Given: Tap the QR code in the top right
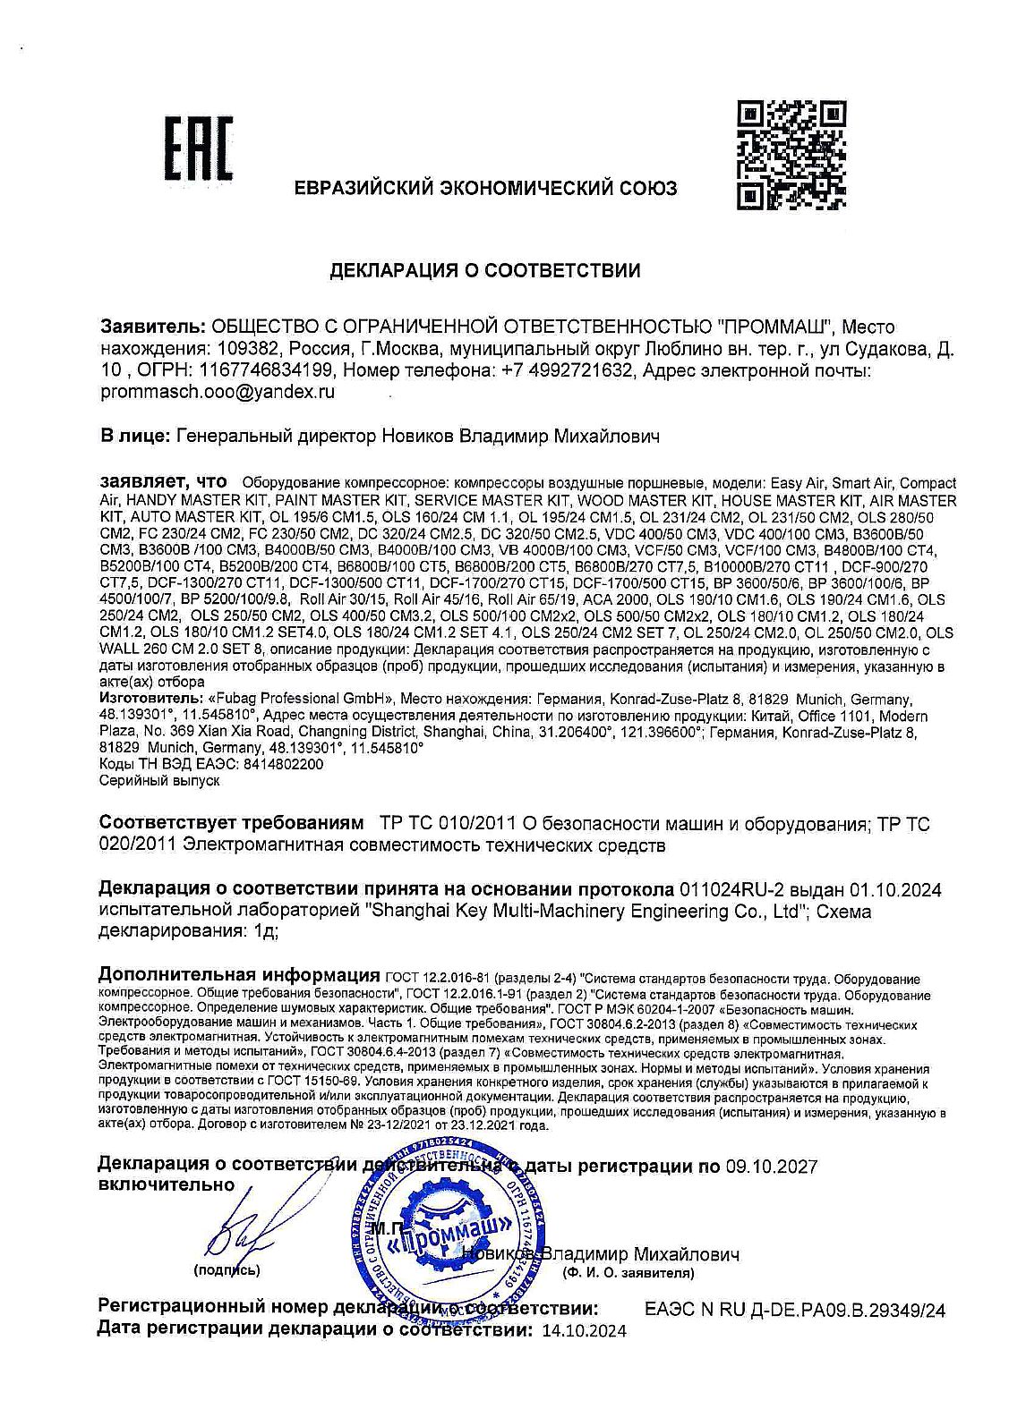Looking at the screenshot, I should click(791, 154).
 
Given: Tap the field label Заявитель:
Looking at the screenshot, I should click(153, 327).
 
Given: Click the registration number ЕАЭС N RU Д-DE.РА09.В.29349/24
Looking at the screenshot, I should click(795, 1311).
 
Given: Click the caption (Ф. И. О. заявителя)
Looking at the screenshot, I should click(627, 1271).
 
